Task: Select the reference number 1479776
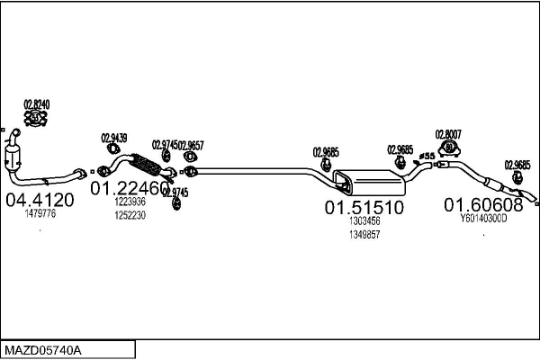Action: tap(41, 214)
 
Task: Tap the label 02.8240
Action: tap(36, 104)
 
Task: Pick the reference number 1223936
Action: tap(130, 202)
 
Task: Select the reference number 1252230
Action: tap(130, 215)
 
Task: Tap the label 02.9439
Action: tap(114, 138)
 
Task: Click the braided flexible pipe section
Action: tap(144, 166)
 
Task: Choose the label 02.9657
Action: tap(191, 145)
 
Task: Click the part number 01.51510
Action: tap(364, 207)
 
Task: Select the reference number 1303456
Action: tap(364, 220)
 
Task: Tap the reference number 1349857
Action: tap(364, 234)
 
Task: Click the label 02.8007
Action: tap(448, 134)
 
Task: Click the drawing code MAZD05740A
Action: tap(42, 348)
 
